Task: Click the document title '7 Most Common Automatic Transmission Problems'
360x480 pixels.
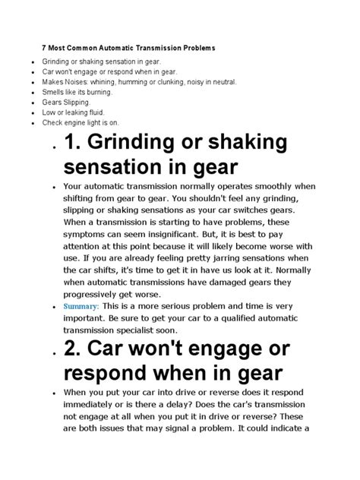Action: (x=128, y=48)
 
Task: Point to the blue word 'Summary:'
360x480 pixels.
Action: (x=84, y=306)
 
